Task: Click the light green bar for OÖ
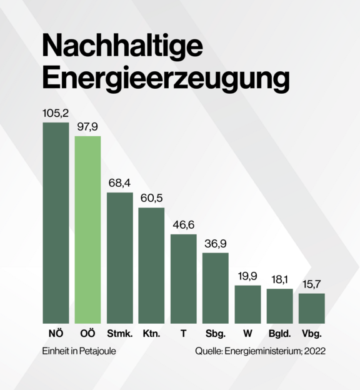87,229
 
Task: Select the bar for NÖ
56,222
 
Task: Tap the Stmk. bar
119,257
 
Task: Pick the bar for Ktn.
151,265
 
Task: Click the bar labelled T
183,279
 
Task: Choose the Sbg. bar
215,287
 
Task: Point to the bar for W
247,304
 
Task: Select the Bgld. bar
279,306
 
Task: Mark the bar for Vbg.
311,308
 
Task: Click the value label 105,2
55,114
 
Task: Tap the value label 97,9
87,127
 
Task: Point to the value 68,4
119,183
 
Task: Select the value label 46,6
183,225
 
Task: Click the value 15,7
311,284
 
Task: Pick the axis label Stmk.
119,334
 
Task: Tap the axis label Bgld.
279,334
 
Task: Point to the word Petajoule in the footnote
97,351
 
